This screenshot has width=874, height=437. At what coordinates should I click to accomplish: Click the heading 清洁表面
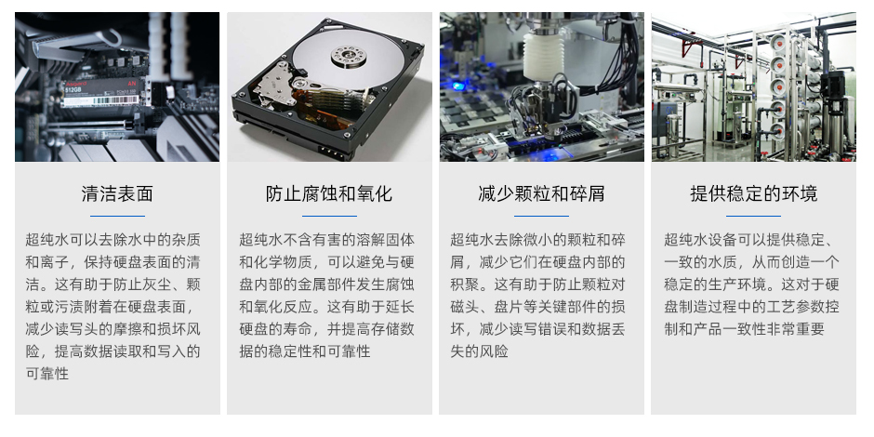tap(117, 193)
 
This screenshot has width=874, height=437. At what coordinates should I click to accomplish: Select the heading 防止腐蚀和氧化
tap(329, 193)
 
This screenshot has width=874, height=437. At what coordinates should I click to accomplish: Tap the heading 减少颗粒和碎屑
tap(541, 193)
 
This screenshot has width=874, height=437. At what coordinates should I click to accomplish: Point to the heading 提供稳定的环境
tap(754, 193)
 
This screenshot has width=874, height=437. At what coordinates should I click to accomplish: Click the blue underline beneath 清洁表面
tap(117, 216)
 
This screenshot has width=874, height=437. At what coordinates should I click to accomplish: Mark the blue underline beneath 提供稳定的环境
tap(754, 216)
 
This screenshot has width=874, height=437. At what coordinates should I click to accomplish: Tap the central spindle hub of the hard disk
tap(349, 55)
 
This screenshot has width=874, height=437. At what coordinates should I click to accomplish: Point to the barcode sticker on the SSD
tap(100, 101)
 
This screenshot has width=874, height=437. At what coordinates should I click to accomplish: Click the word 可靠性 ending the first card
tap(47, 374)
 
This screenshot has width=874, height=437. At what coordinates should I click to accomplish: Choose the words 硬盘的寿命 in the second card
tap(275, 329)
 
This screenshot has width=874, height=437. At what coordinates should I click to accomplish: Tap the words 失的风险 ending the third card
tap(480, 351)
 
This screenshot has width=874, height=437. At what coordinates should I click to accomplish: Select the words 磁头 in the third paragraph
tap(465, 307)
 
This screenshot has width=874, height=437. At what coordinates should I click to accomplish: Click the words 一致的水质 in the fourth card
tap(701, 262)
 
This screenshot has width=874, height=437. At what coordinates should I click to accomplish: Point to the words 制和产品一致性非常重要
tap(744, 329)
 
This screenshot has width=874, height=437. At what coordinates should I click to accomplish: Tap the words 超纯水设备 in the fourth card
tap(701, 240)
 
